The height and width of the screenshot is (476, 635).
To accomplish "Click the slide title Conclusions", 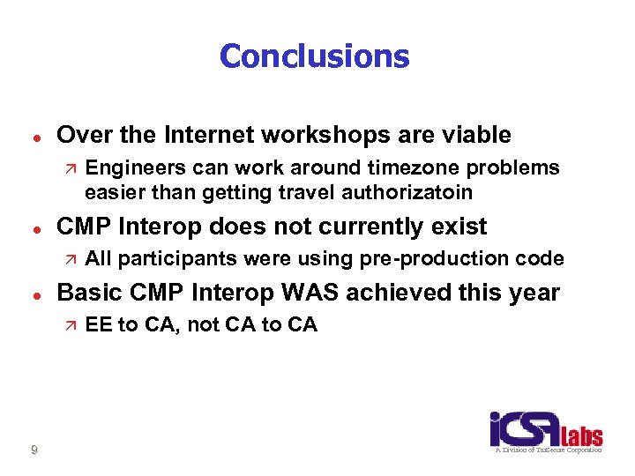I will [x=315, y=56].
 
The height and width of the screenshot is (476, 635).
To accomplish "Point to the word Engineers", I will [x=129, y=167].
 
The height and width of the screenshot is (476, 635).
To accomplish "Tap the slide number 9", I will [x=34, y=450].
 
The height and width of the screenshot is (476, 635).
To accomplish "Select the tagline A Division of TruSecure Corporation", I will [x=547, y=450].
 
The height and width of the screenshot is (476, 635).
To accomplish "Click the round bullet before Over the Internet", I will [x=34, y=137].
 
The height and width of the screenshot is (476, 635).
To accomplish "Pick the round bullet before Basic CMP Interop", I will [x=34, y=294].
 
